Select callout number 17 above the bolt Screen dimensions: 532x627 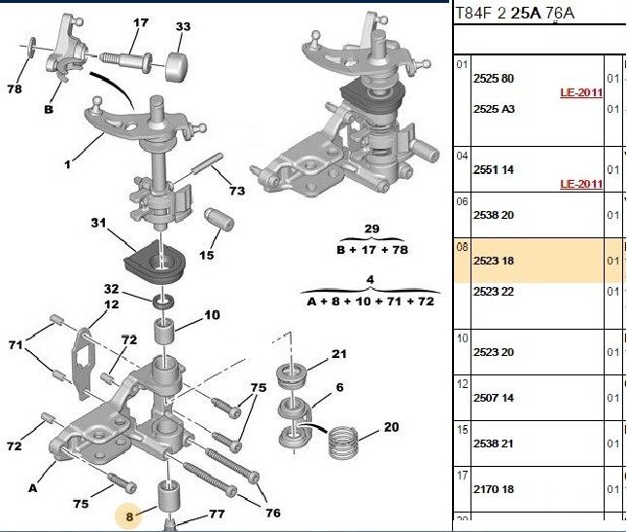141,22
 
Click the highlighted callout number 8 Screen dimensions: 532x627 128,515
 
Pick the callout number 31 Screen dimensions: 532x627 97,223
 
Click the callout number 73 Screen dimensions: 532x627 237,191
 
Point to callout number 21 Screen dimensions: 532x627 338,354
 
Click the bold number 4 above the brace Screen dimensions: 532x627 369,280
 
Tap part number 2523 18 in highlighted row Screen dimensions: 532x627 493,262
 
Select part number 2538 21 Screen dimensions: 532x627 493,442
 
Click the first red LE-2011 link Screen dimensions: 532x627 581,93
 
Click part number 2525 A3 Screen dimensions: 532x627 493,109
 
